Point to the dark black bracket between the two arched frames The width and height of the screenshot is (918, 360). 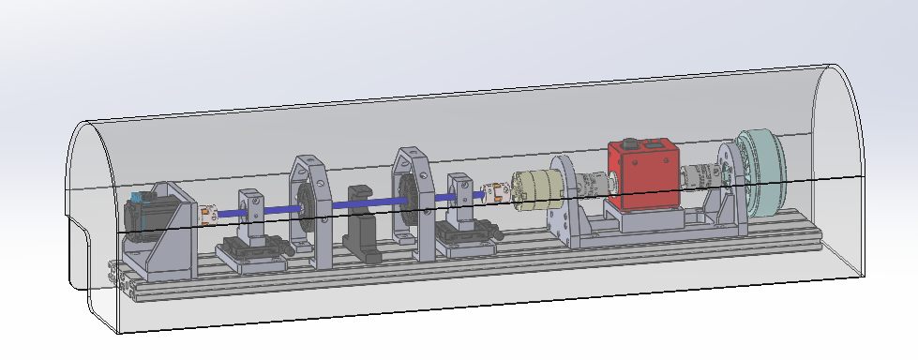[x=362, y=226]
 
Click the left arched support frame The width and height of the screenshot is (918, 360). [x=309, y=211]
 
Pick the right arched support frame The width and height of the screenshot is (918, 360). [x=413, y=197]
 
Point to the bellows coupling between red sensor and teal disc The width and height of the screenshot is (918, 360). [x=700, y=175]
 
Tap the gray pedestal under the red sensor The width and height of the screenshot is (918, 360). [x=647, y=220]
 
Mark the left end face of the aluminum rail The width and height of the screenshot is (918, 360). [x=117, y=277]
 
